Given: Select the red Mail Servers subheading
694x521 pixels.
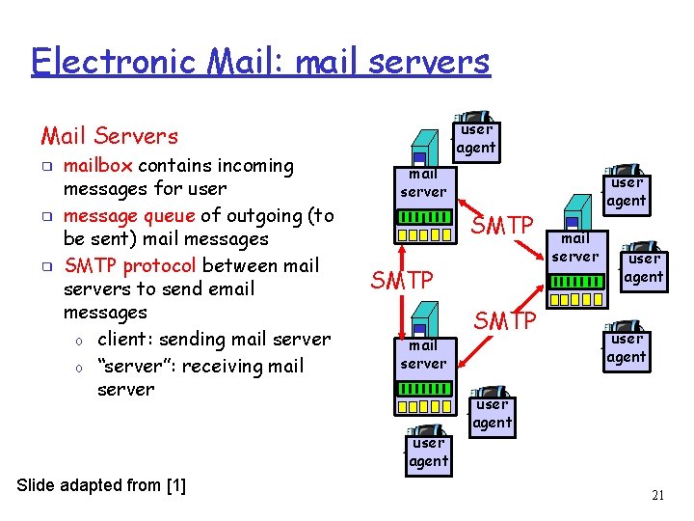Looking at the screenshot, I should pos(109,136).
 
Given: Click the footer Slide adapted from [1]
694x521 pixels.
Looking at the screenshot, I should pos(101,485).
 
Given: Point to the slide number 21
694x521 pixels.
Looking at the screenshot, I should pos(658,496).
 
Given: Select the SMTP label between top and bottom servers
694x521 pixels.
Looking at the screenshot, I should pos(402,280).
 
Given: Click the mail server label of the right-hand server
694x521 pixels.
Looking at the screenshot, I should pos(574,247).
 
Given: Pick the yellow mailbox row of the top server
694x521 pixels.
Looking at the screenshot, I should pos(424,233).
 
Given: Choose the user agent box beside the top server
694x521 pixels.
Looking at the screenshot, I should pos(476,138).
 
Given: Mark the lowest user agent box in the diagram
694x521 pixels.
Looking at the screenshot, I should pos(429,452).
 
